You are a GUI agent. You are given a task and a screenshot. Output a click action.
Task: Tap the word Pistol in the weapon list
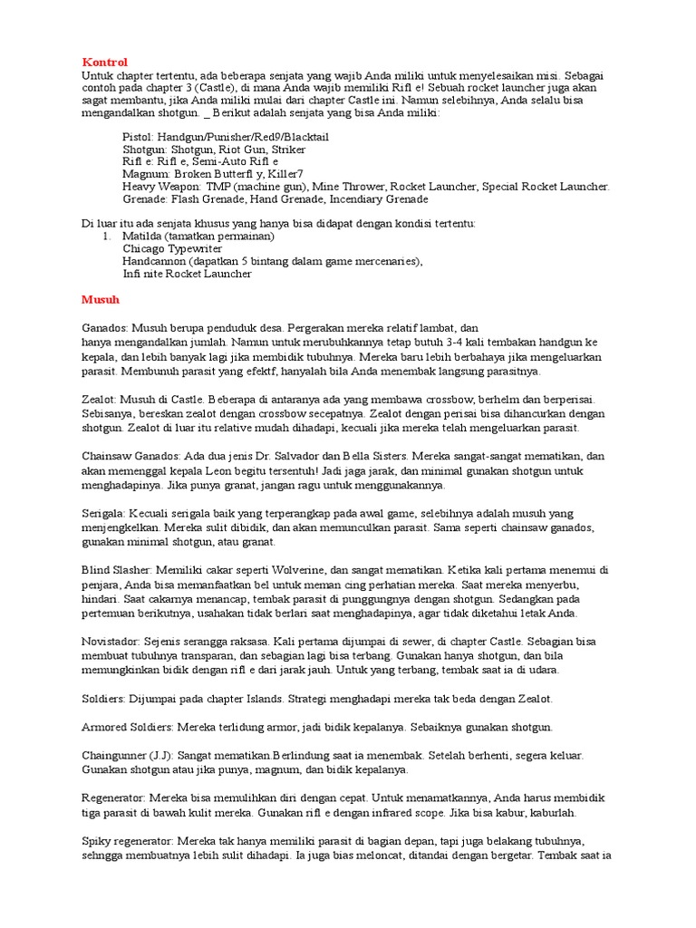[137, 136]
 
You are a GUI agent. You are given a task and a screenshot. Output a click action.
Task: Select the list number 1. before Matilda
[106, 236]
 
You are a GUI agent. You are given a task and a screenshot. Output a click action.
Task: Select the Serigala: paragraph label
[105, 512]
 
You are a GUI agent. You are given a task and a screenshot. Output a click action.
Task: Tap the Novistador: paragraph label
[112, 641]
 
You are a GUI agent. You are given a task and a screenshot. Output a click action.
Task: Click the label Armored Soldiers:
[128, 727]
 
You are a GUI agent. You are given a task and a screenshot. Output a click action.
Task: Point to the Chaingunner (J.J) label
[128, 755]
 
